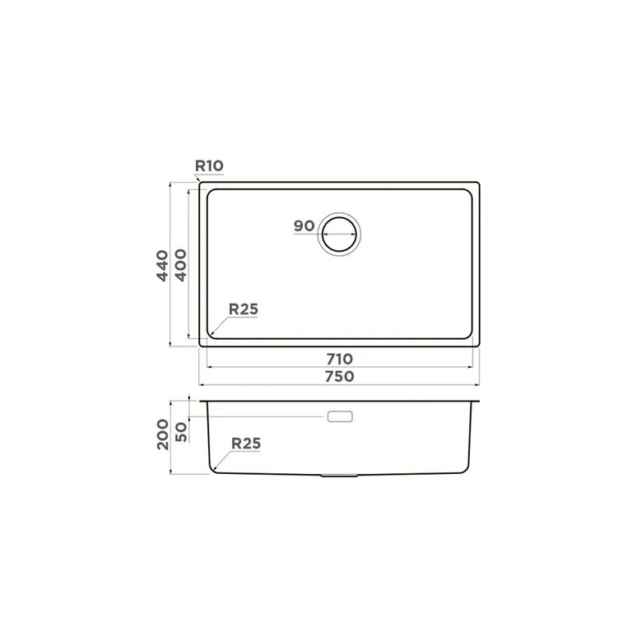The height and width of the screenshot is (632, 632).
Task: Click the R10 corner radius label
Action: [209, 165]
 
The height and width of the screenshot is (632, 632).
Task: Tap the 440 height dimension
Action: [162, 266]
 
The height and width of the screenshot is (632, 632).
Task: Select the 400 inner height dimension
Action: [180, 265]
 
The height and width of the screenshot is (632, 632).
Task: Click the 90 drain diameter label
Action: [304, 225]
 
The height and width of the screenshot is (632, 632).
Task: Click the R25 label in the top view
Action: [243, 309]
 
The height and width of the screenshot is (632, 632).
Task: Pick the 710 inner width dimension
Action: [339, 358]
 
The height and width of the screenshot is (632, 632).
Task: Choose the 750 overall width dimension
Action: [339, 376]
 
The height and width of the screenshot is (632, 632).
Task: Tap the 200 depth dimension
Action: [163, 434]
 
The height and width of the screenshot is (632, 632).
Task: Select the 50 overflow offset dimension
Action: [181, 432]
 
